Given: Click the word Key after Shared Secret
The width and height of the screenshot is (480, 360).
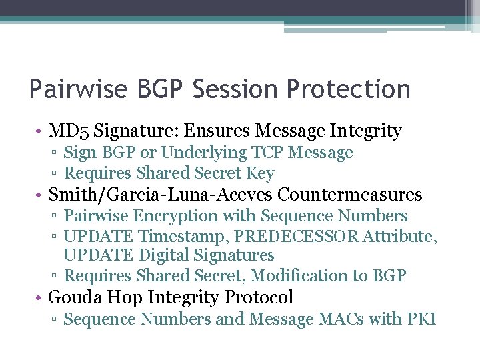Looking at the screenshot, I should click(260, 173).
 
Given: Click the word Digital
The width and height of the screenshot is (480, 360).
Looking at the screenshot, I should click(166, 255).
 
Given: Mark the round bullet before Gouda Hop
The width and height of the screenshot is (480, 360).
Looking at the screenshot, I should click(40, 297).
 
